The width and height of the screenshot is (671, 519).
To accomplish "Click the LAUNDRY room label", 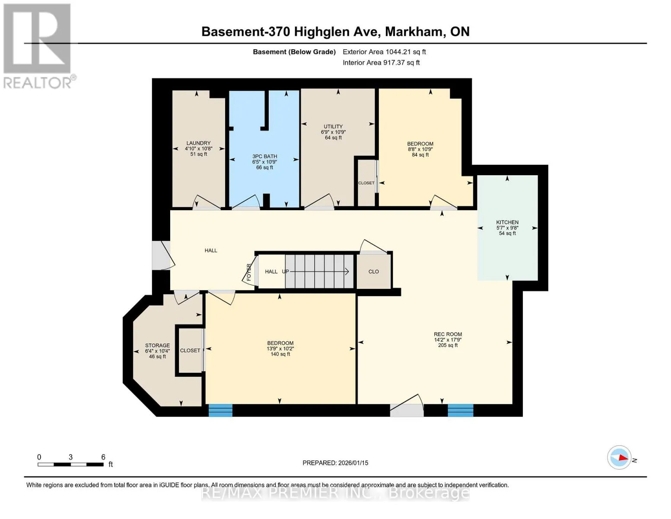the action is [x=198, y=143].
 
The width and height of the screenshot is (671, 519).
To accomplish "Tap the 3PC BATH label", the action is [x=264, y=157].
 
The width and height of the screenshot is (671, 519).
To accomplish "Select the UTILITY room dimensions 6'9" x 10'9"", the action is [x=333, y=132].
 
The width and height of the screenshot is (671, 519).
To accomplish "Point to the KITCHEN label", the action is [x=507, y=222].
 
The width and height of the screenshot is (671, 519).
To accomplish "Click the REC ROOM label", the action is [x=448, y=334].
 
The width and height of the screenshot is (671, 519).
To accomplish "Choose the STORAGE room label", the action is [x=157, y=345].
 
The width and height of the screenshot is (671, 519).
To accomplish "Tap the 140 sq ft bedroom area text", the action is [x=280, y=354].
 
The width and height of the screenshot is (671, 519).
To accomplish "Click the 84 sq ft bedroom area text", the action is [x=420, y=154].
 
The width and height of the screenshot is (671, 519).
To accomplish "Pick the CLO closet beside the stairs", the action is [x=374, y=272].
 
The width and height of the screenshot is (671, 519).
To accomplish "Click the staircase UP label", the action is [x=285, y=272].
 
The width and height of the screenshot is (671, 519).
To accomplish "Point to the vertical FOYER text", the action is [x=249, y=272].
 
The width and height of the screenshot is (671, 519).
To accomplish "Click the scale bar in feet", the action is [x=71, y=464].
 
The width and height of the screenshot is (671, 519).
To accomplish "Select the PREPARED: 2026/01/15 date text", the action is [x=335, y=463].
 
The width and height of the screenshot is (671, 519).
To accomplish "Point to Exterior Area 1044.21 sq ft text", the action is [x=384, y=52].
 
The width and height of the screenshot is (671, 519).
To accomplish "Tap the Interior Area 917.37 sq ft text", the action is [x=381, y=62].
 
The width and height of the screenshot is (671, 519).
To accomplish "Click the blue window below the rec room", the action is [x=461, y=410].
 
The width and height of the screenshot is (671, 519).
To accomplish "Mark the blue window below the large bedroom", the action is [x=220, y=410].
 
